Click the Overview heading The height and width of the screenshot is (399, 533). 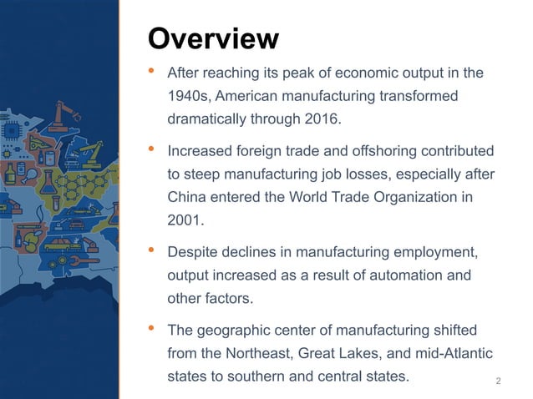212,38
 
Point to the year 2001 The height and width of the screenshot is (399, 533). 185,220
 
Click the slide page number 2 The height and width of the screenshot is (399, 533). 499,382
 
